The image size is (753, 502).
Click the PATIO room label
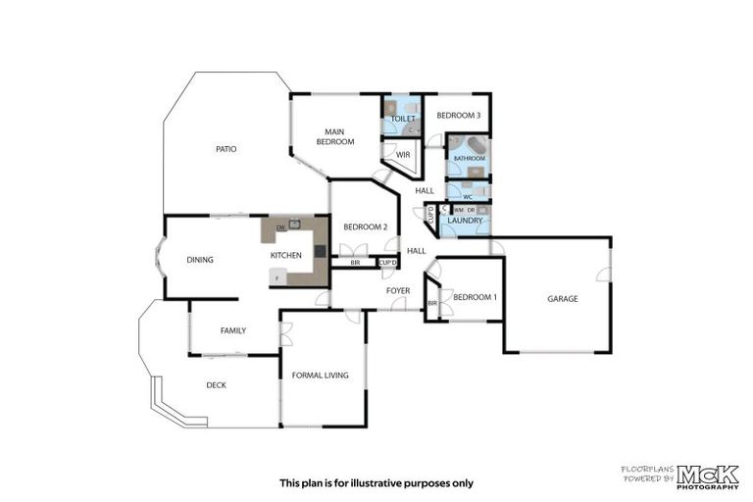(226, 149)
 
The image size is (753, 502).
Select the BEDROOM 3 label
(458, 116)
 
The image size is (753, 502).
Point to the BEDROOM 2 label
(365, 227)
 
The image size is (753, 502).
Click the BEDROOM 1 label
(475, 297)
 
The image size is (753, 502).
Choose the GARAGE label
(562, 298)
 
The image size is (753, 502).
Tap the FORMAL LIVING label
(321, 375)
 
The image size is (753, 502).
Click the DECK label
(216, 385)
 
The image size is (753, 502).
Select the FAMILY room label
(232, 330)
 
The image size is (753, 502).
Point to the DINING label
(200, 260)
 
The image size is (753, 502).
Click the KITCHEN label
(286, 256)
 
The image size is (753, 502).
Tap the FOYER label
(397, 290)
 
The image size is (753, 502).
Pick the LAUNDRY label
(464, 221)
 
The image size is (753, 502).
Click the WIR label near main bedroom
(402, 155)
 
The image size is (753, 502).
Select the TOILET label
(403, 119)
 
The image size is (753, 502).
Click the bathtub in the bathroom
(469, 146)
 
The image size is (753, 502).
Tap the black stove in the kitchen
(320, 251)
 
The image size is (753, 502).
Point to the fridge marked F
(278, 278)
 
